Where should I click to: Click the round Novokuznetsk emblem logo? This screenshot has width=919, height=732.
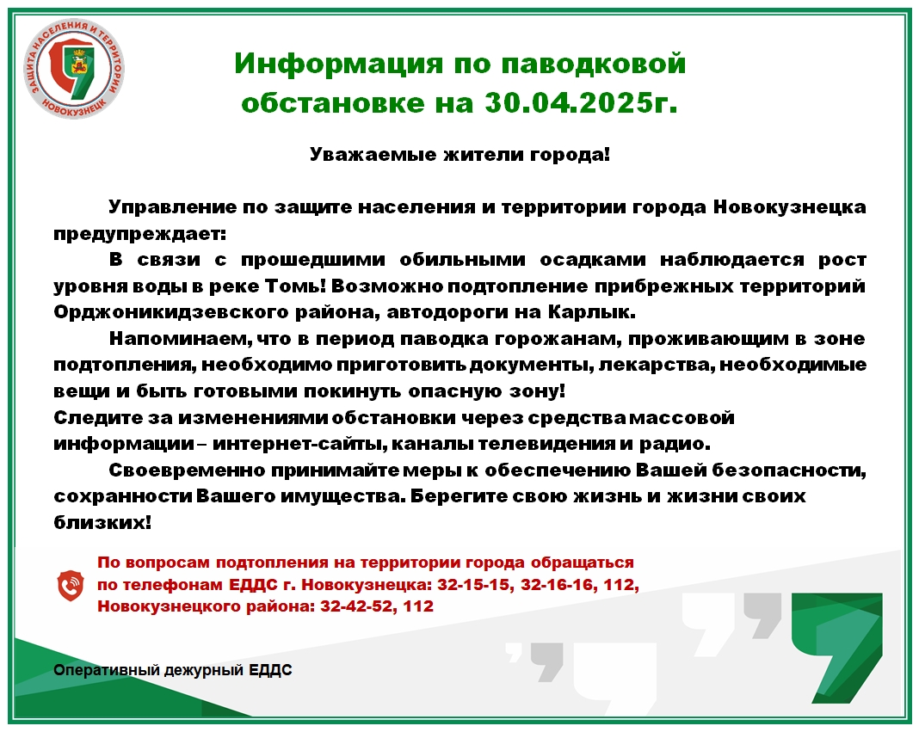click(x=74, y=68)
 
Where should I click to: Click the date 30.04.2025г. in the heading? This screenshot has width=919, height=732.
click(x=581, y=102)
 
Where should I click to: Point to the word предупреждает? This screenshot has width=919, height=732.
click(x=139, y=234)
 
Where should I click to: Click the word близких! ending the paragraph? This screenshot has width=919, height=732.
click(x=102, y=522)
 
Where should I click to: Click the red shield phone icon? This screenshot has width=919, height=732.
click(x=71, y=586)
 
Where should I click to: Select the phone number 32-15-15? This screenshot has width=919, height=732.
click(x=473, y=585)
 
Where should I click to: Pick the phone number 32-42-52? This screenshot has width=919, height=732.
click(x=356, y=606)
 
